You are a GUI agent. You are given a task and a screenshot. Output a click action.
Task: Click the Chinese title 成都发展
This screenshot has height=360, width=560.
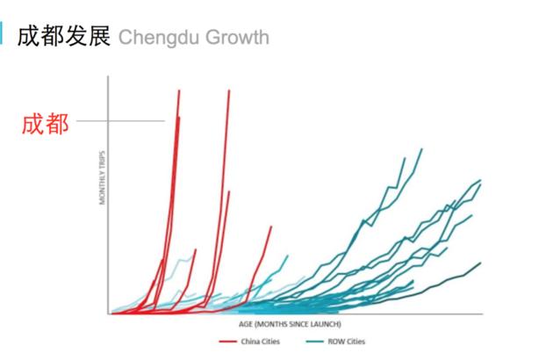coord(64,38)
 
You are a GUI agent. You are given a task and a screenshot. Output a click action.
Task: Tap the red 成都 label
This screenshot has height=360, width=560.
coord(45,123)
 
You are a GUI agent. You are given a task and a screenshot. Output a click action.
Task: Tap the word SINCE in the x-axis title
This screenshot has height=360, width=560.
coord(299,322)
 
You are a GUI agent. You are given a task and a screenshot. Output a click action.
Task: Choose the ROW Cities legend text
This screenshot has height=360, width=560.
coord(347,341)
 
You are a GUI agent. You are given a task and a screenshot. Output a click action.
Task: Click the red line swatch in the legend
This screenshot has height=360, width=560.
coord(227,341)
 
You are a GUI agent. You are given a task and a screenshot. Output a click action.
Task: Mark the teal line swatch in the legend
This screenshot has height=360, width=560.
coord(315,341)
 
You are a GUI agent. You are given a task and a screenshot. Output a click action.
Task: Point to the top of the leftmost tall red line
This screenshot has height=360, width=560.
coord(179,90)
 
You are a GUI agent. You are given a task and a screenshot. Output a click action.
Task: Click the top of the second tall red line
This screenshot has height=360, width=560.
coord(229,90)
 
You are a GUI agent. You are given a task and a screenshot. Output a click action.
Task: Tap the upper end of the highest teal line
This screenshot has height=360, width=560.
coord(421,149)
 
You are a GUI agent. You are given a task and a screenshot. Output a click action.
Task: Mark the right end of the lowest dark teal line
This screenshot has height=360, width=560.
coord(481,262)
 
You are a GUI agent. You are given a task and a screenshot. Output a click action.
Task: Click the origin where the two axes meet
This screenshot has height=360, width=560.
coord(109,313)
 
